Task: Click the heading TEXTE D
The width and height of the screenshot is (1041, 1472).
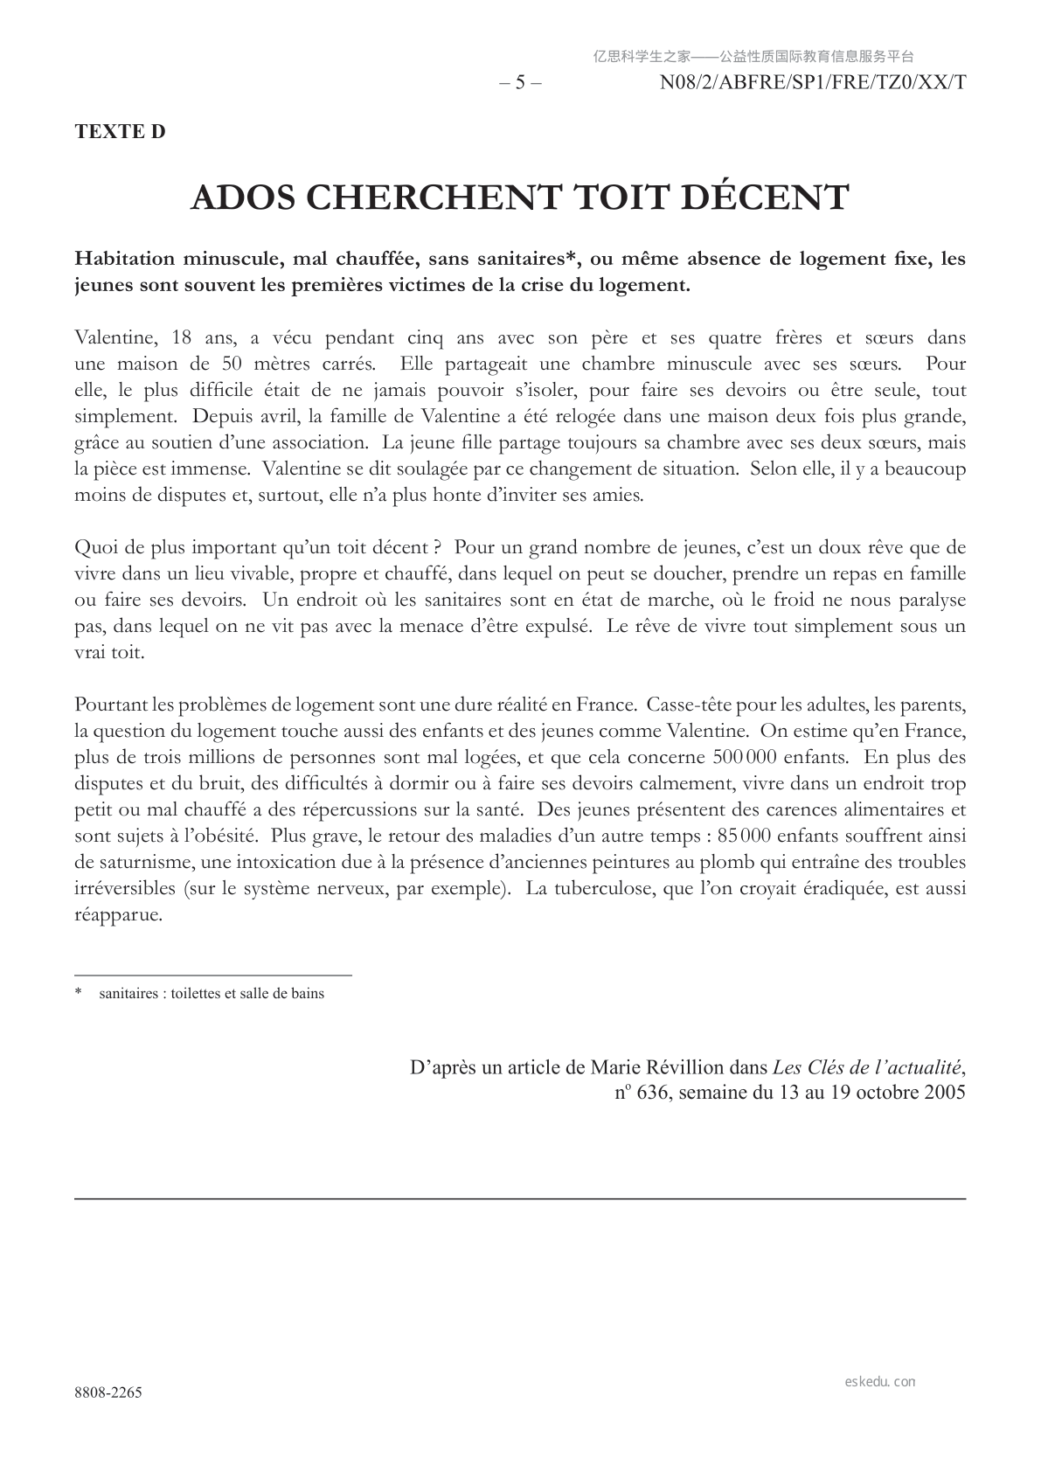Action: pos(120,132)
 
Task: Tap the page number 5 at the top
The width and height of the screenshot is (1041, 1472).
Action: pos(520,83)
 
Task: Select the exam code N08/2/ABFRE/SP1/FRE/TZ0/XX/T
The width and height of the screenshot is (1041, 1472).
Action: pos(812,83)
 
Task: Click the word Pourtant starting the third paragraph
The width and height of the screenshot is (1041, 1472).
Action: pos(111,705)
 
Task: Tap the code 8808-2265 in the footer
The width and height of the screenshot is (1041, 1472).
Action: pos(108,1392)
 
